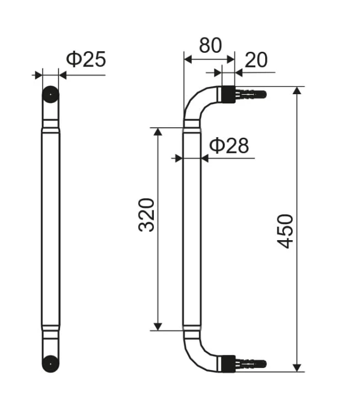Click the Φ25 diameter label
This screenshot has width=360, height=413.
pos(86,59)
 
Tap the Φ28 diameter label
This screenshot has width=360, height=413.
pos(229,145)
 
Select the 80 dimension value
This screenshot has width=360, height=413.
pos(210,46)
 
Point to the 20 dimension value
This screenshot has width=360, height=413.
pos(256,60)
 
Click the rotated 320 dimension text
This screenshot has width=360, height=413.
pos(147,215)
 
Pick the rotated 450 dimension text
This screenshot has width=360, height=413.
pos(286,231)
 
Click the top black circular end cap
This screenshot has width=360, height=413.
pos(51,94)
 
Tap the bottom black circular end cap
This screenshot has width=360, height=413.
pos(51,364)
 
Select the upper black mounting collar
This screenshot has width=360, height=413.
pos(228,94)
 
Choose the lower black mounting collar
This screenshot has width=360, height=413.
pos(228,364)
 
